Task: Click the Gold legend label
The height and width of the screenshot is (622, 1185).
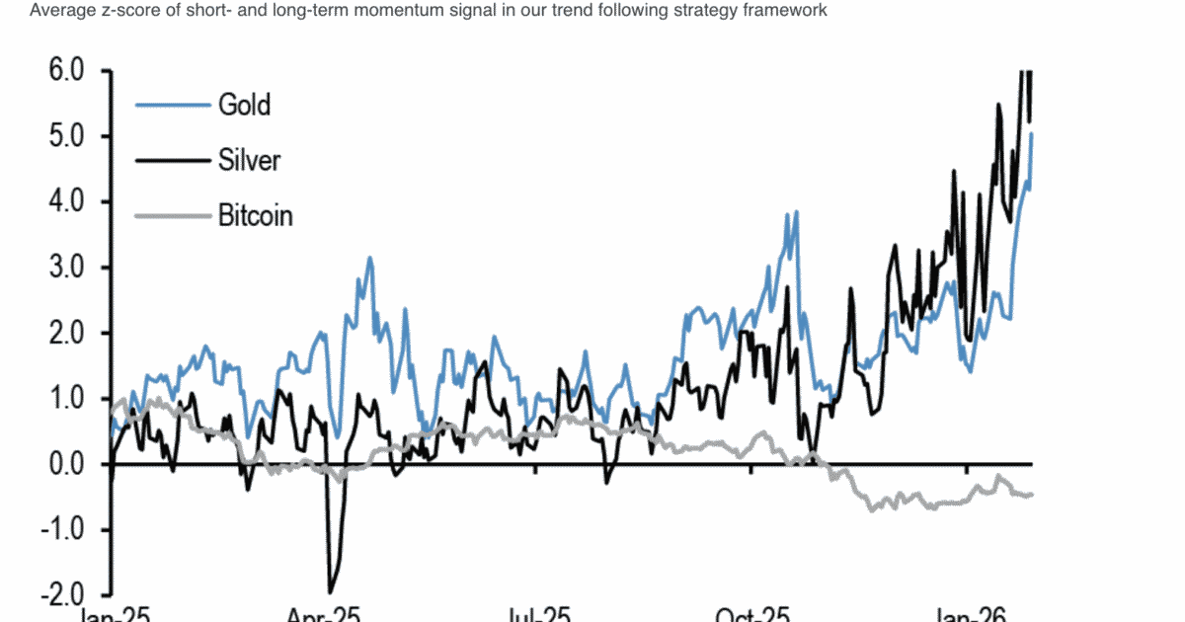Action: [x=244, y=104]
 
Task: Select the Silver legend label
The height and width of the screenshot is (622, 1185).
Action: [x=249, y=159]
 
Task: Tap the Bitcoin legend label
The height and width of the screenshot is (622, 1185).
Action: [x=256, y=214]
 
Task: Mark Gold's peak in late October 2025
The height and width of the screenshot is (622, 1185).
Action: [x=796, y=211]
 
